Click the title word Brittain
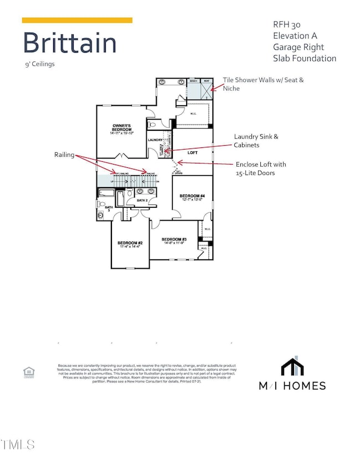point(69,43)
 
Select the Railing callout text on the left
point(64,156)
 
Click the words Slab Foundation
point(304,58)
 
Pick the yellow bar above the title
point(77,21)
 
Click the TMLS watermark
point(18,444)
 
